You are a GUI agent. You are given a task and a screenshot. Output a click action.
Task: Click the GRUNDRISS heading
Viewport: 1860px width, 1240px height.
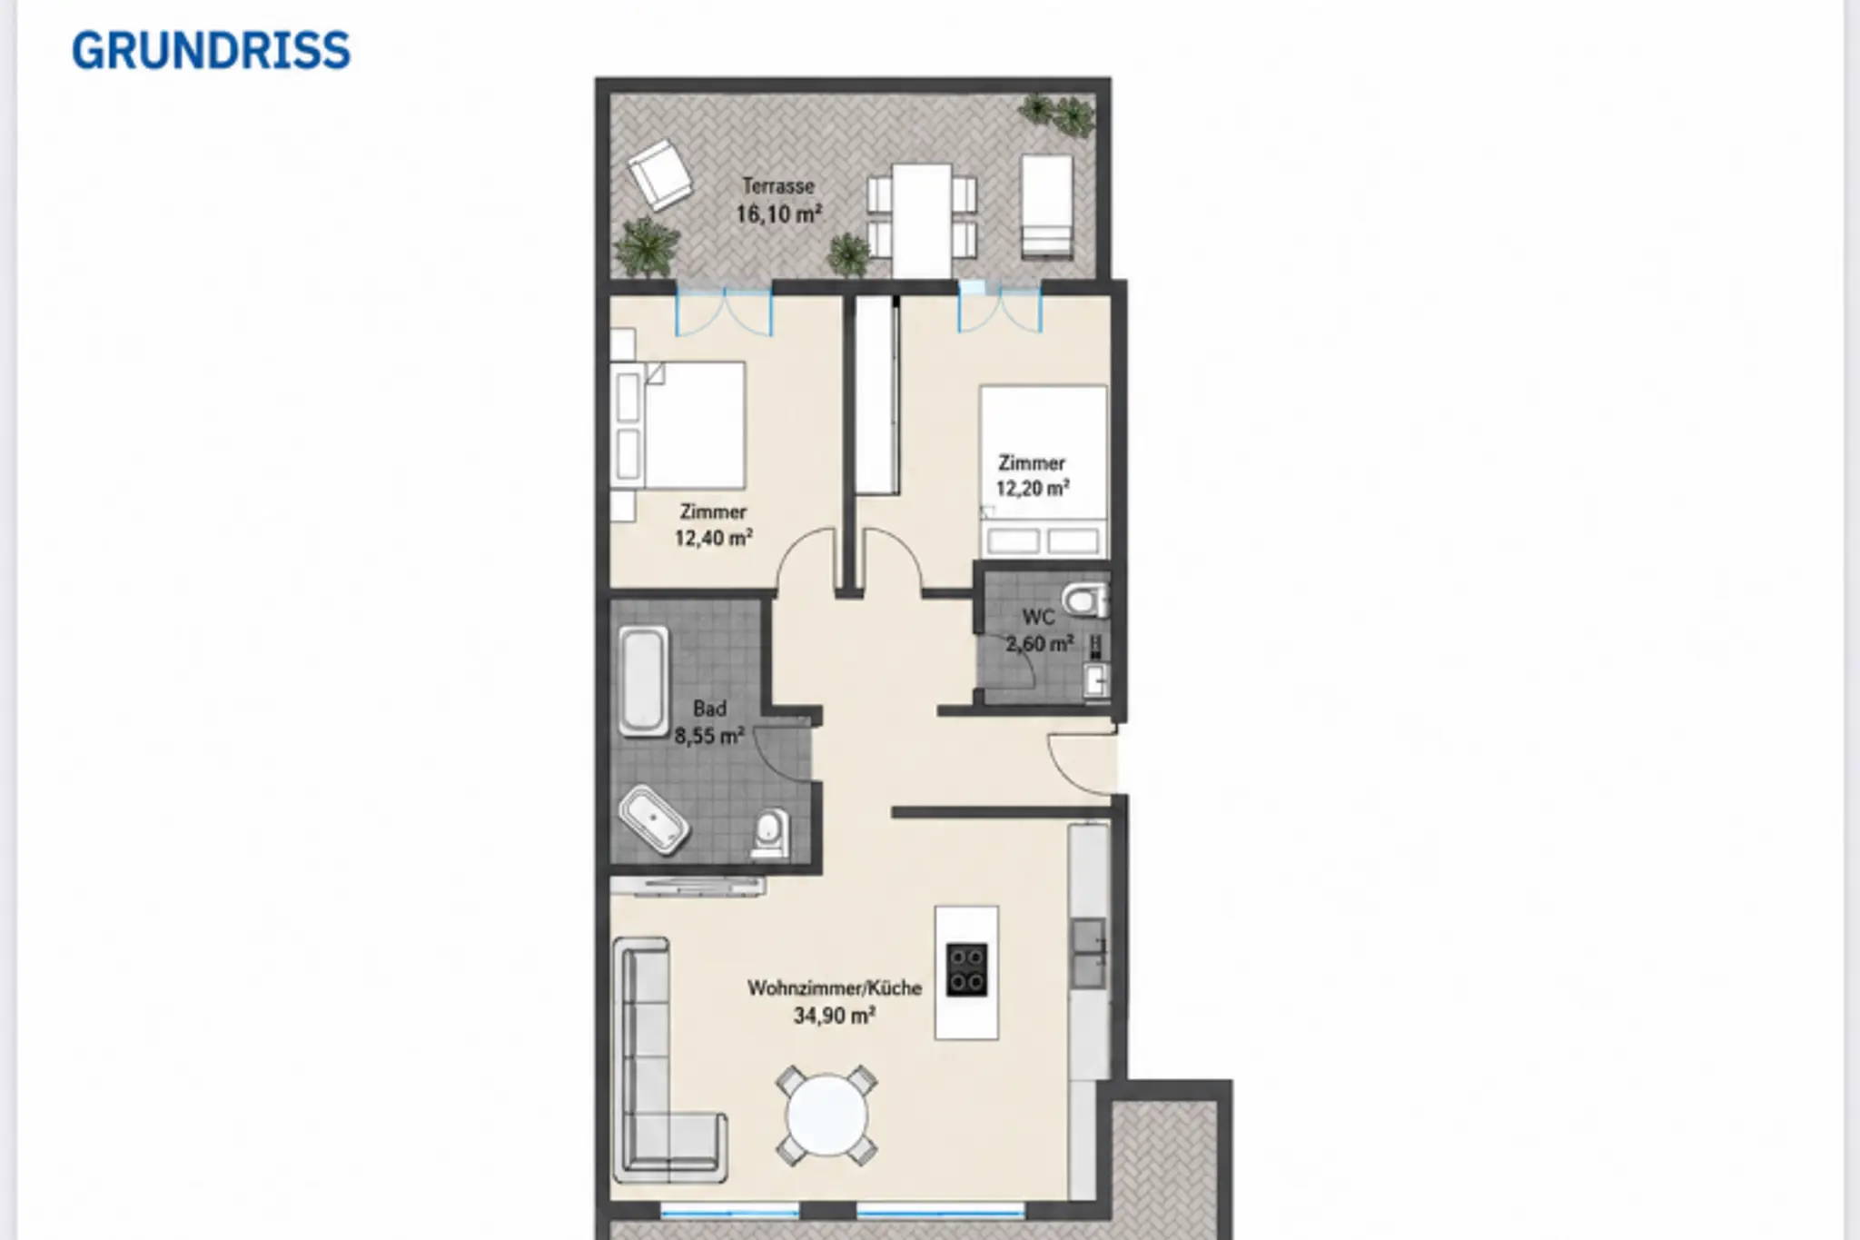[211, 50]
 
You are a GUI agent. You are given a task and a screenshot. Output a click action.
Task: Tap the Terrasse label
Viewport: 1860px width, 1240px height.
[778, 186]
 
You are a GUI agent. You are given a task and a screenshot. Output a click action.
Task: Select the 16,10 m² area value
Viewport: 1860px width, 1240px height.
[778, 214]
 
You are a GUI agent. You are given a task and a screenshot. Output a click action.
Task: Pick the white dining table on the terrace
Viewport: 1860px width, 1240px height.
[922, 220]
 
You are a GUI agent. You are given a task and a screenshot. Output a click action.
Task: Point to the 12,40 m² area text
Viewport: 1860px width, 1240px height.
[713, 538]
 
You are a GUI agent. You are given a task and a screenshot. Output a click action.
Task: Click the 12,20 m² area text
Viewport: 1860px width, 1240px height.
[1032, 488]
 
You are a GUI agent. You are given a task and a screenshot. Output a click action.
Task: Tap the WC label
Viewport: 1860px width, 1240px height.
[1038, 618]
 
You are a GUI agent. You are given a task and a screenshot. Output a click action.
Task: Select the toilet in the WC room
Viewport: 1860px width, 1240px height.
[1085, 600]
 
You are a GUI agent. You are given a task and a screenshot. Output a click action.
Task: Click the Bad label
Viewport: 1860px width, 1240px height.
[709, 709]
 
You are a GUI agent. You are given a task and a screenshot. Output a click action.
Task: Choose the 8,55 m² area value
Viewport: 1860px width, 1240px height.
[709, 736]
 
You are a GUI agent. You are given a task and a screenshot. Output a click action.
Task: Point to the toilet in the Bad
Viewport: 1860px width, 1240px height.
[770, 835]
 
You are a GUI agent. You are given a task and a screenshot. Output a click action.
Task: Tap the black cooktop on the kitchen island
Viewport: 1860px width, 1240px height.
[966, 970]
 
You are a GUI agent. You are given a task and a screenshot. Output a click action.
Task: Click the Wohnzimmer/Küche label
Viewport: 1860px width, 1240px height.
[835, 988]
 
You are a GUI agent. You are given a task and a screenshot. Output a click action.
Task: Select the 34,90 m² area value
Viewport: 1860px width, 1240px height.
[835, 1016]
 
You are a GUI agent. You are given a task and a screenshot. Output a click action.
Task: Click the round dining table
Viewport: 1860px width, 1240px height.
[826, 1116]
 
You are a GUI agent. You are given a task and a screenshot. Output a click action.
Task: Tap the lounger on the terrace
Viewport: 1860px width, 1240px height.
[1047, 207]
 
